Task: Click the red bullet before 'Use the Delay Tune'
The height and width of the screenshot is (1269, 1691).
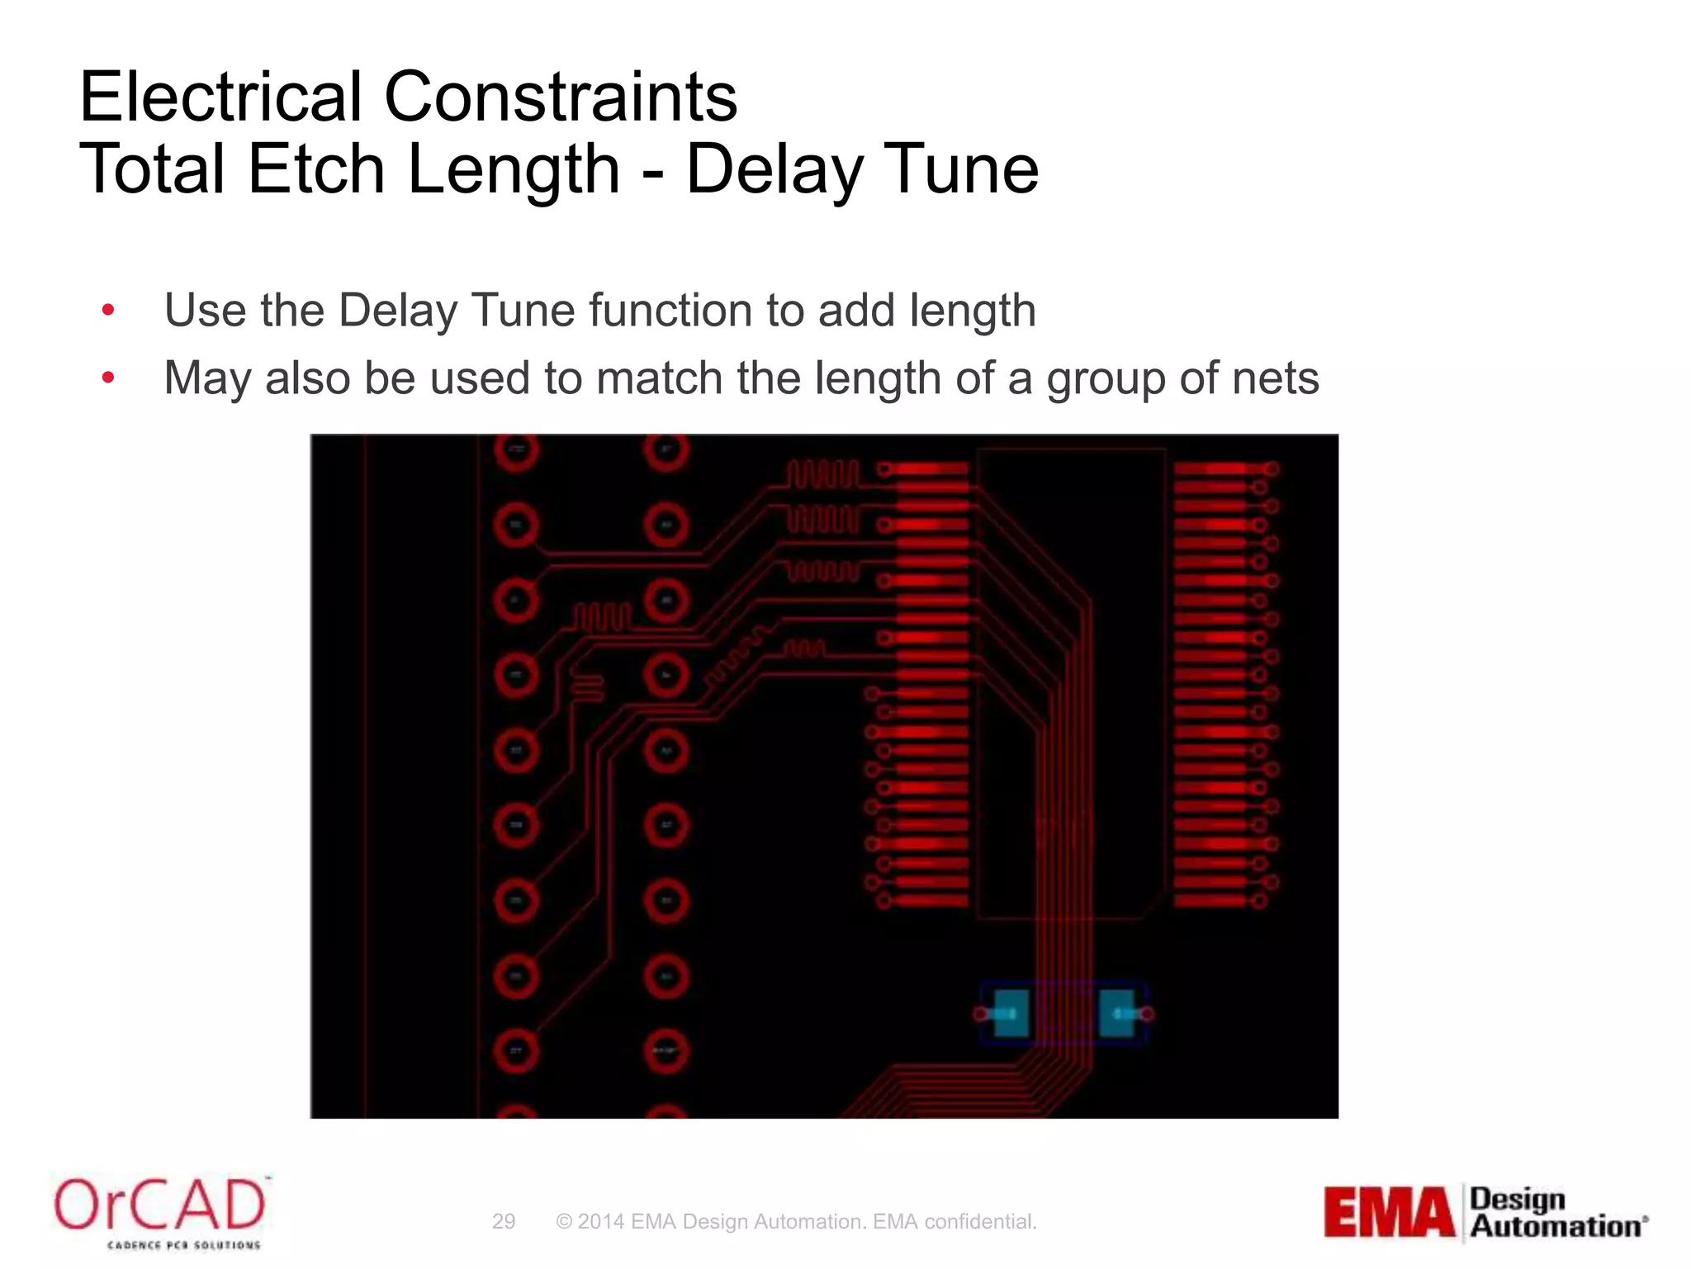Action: coord(108,311)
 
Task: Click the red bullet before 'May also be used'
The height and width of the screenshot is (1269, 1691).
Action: coord(108,378)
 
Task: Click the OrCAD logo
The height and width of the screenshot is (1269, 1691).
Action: coord(160,1211)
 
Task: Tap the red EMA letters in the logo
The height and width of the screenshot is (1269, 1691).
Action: coord(1389,1212)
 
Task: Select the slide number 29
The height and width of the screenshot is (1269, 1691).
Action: coord(504,1221)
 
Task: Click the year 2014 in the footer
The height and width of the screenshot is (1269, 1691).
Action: coord(600,1221)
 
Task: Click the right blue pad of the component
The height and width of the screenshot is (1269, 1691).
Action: coord(1117,1013)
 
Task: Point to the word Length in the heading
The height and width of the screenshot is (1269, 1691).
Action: coord(513,169)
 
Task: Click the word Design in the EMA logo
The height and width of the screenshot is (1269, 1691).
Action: coord(1518,1199)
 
